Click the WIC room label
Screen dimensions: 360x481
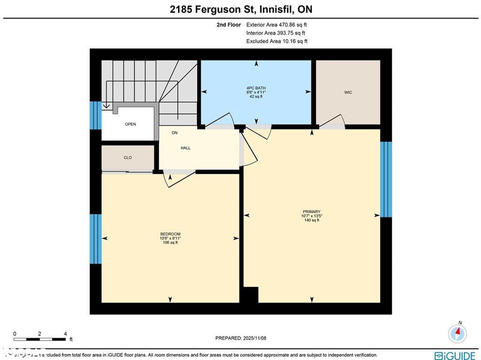[x=348, y=93]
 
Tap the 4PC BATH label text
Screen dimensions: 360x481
[x=256, y=88]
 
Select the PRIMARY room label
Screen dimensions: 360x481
[x=311, y=212]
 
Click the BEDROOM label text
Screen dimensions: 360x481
[x=170, y=234]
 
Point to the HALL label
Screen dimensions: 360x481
[x=186, y=148]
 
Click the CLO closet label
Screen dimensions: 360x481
[x=128, y=158]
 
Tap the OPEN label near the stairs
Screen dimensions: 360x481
[x=130, y=125]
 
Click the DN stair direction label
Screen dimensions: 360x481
[x=174, y=133]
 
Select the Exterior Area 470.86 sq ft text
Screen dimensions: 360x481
[x=277, y=25]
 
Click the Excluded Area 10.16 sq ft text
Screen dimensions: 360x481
[x=277, y=41]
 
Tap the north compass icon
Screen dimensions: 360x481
[x=457, y=333]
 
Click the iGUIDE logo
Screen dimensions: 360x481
[x=455, y=355]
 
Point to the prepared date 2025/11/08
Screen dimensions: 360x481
[x=240, y=338]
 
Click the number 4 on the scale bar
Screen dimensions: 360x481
[x=65, y=334]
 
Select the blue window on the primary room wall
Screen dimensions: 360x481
[x=386, y=179]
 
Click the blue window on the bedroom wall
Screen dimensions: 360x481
[x=95, y=239]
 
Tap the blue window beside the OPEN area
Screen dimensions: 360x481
[x=95, y=115]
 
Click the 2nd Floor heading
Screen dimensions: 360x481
[x=229, y=25]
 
